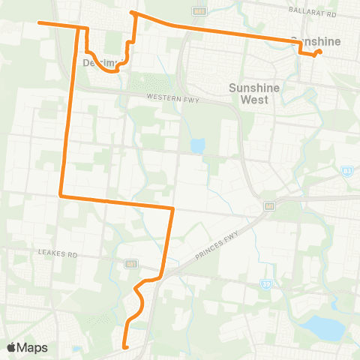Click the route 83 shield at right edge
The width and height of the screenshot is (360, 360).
[346, 171]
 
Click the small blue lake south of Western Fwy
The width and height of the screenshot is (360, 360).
[197, 145]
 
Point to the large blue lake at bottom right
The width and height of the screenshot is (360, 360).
[325, 326]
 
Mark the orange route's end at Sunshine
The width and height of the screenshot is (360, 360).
[320, 51]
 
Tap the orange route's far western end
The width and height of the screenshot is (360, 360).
[39, 23]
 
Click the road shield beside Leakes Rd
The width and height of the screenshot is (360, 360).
[130, 263]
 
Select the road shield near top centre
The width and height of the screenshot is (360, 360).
[197, 11]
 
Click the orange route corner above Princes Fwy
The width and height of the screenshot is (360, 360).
[173, 208]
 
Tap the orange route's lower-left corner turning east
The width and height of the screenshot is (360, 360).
[61, 196]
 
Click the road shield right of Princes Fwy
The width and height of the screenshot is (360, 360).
[268, 205]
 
